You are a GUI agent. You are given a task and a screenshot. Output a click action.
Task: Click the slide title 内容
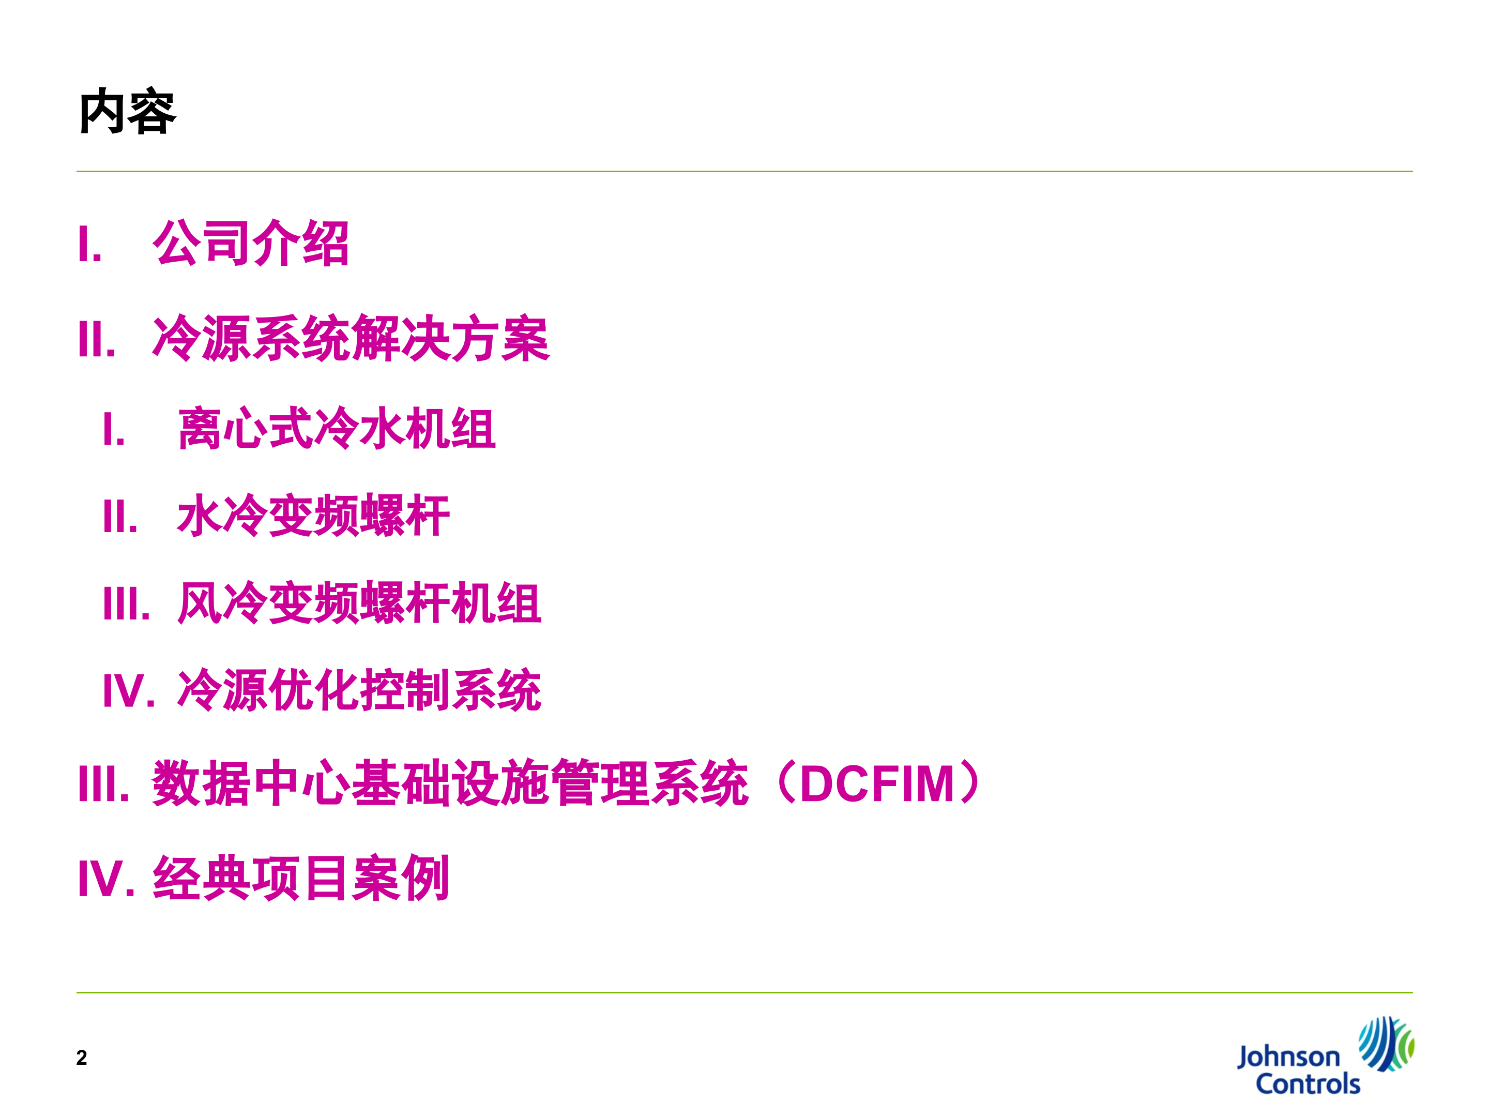(x=127, y=112)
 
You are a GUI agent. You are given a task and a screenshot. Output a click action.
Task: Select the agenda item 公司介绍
(x=250, y=243)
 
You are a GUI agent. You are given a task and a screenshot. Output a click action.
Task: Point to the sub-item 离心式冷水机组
(x=337, y=429)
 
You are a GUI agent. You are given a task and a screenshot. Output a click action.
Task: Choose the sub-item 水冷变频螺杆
(x=313, y=516)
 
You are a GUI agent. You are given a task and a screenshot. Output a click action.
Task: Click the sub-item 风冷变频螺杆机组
(x=359, y=603)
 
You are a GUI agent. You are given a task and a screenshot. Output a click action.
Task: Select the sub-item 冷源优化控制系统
(x=359, y=690)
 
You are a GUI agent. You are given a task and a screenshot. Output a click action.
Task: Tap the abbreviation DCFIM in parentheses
(x=877, y=784)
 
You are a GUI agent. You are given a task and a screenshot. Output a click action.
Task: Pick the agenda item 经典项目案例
(x=300, y=879)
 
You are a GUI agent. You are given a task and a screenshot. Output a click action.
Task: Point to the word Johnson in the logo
(x=1288, y=1058)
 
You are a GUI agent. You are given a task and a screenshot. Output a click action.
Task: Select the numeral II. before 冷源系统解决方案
(x=97, y=339)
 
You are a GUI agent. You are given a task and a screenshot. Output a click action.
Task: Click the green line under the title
(x=744, y=172)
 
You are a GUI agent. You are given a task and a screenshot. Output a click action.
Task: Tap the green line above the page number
(x=744, y=992)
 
